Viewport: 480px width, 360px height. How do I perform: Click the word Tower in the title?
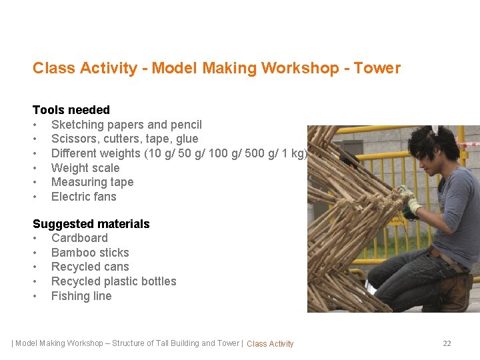click(377, 68)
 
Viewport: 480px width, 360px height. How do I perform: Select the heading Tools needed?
click(71, 110)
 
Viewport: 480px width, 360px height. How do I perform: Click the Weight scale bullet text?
click(85, 168)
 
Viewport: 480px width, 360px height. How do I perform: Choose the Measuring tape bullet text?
click(92, 182)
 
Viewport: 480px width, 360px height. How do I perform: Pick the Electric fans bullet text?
click(83, 197)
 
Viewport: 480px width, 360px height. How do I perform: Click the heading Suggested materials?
click(91, 224)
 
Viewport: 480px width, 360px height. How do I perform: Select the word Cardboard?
click(79, 238)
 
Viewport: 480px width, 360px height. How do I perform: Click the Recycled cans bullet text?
click(90, 267)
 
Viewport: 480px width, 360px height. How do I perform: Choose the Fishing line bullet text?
click(81, 296)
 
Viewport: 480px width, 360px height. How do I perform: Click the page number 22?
click(447, 343)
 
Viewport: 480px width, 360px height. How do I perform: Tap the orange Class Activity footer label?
click(270, 344)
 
